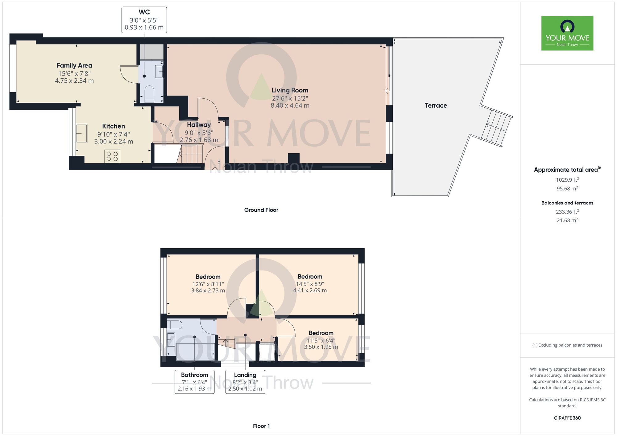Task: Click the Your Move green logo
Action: (567, 33)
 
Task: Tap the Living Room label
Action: (290, 90)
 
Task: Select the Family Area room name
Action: (74, 65)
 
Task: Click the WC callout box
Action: (144, 20)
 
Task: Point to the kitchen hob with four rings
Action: (112, 156)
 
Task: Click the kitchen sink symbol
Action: (81, 133)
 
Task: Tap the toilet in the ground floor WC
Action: (149, 93)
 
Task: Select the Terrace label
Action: (436, 105)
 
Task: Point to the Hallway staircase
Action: (191, 154)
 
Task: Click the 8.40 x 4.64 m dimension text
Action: (290, 105)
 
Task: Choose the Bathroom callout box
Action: (194, 382)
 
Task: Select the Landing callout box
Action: (245, 382)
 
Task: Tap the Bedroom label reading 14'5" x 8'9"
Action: (310, 277)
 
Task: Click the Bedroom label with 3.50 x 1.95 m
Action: (321, 333)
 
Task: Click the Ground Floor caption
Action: (261, 210)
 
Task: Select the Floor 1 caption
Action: (261, 426)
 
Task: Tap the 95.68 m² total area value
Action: (567, 188)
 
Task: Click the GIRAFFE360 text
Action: (567, 418)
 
